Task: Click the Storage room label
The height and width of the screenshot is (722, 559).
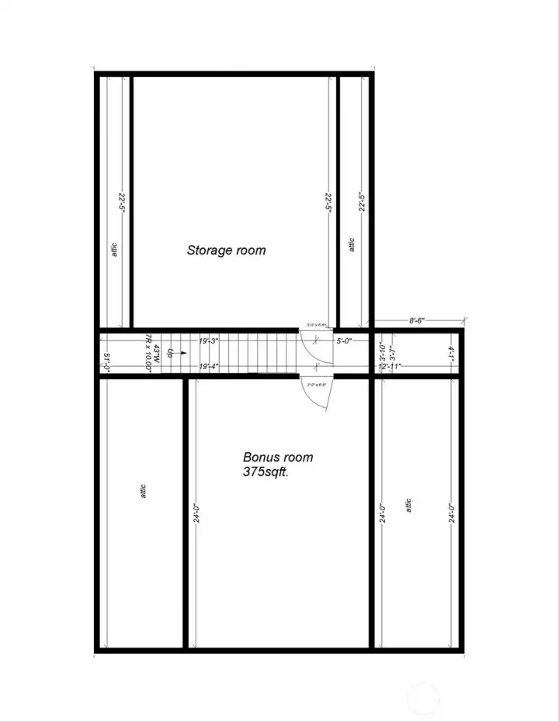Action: click(226, 250)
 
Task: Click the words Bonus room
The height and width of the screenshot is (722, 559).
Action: click(278, 458)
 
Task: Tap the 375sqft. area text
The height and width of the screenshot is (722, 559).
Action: click(266, 472)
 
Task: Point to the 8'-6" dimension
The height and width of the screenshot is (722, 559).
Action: click(415, 319)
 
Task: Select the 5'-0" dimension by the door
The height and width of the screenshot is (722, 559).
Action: click(345, 339)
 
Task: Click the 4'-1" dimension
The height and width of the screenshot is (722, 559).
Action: click(451, 354)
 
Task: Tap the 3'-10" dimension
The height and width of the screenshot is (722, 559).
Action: click(382, 351)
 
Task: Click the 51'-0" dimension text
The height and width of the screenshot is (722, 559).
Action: click(107, 362)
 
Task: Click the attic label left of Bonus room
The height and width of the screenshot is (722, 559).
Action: click(144, 491)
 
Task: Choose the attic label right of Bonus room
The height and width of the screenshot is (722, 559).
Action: click(408, 505)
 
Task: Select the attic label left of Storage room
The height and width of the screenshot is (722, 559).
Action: click(115, 250)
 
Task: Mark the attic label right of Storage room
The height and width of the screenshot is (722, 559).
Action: click(352, 245)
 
